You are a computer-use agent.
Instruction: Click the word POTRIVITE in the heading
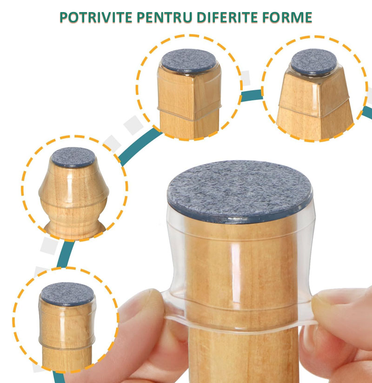[x=96, y=17]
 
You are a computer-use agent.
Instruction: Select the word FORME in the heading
[x=288, y=17]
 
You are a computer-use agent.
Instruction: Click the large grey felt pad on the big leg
[x=239, y=191]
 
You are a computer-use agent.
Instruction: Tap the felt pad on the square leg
[x=189, y=60]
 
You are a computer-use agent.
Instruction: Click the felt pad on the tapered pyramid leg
[x=313, y=61]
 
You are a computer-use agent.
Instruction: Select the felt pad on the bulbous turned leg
[x=73, y=157]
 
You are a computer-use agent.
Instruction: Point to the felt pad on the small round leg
[x=67, y=294]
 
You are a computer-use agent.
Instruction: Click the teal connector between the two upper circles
[x=252, y=95]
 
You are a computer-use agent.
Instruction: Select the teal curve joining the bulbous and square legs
[x=139, y=146]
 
